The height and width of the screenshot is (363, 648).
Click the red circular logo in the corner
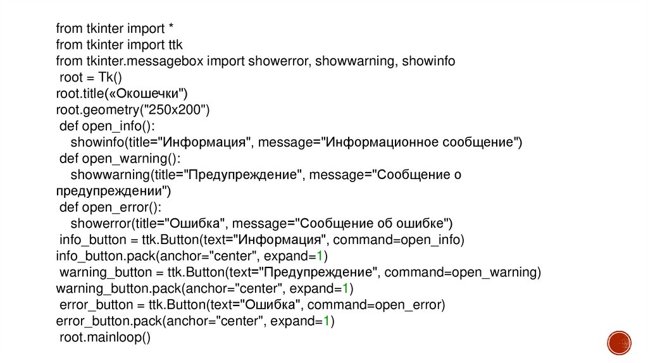[619, 342]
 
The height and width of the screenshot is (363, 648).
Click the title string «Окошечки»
[150, 94]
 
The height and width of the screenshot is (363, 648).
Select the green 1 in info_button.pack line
[321, 256]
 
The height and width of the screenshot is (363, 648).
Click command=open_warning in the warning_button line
[463, 273]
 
